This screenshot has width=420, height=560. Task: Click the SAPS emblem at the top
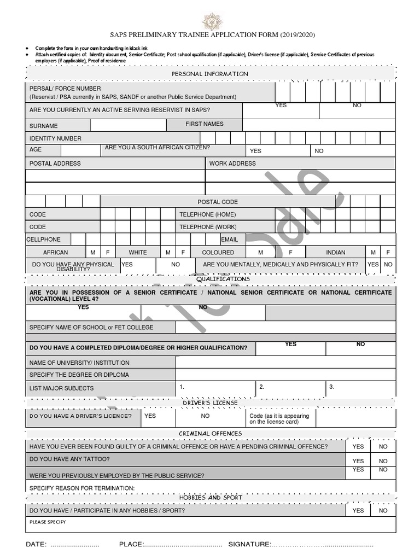click(x=212, y=21)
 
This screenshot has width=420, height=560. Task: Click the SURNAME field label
click(x=44, y=126)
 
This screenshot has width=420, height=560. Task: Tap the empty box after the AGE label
click(x=80, y=150)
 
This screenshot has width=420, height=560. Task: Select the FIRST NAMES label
click(x=205, y=124)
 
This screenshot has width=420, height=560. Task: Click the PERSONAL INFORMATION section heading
click(x=210, y=74)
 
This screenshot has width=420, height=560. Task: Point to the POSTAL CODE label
click(x=218, y=202)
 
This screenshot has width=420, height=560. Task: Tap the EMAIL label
click(x=230, y=240)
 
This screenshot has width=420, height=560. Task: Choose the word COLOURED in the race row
click(x=218, y=253)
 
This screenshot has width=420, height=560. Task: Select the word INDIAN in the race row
click(x=335, y=253)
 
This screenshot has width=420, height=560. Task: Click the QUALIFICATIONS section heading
click(x=223, y=279)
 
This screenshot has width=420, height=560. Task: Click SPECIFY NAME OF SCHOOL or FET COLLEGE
click(x=91, y=328)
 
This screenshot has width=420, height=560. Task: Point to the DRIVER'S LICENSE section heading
click(x=210, y=403)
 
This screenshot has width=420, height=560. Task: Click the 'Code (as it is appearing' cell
click(x=279, y=419)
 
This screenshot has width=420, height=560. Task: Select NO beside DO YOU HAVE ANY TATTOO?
click(x=383, y=461)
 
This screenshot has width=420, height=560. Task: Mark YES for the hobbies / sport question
click(x=358, y=511)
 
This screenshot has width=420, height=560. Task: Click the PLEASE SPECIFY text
click(x=48, y=522)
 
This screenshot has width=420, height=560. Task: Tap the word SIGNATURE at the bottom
click(x=249, y=544)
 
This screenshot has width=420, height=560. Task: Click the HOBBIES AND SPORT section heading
click(x=210, y=498)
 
